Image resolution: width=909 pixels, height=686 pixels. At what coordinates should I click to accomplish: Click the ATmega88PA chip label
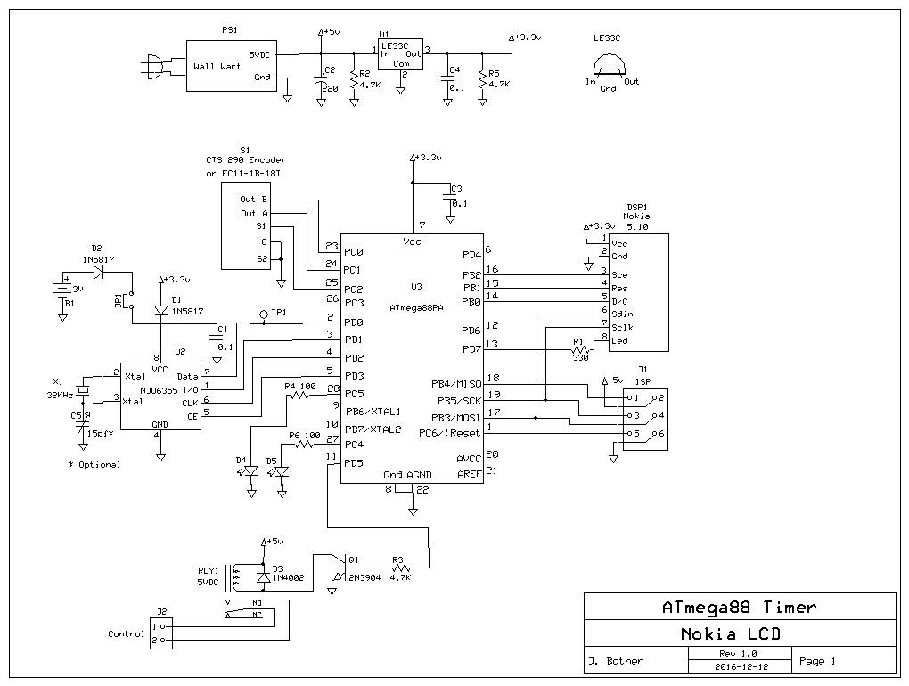pos(418,307)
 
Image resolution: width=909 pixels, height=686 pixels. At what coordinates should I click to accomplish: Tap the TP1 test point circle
pos(264,314)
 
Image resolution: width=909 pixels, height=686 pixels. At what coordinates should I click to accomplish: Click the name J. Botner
pos(616,661)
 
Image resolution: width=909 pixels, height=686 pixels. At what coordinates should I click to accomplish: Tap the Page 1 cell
pos(817,661)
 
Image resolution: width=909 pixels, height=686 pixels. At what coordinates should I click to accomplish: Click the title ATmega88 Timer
pos(739,608)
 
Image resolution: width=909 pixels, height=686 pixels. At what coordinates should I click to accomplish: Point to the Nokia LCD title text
pos(739,634)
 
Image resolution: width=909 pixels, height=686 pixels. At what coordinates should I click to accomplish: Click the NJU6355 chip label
pos(160,388)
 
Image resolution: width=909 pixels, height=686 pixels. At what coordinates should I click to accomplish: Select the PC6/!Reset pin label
pos(449,433)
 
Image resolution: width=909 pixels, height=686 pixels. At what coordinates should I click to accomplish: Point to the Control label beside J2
pos(126,634)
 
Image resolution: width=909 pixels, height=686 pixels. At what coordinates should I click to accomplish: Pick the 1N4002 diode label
pos(288,577)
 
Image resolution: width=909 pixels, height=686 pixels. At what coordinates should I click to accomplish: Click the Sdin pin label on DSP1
pos(620,314)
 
